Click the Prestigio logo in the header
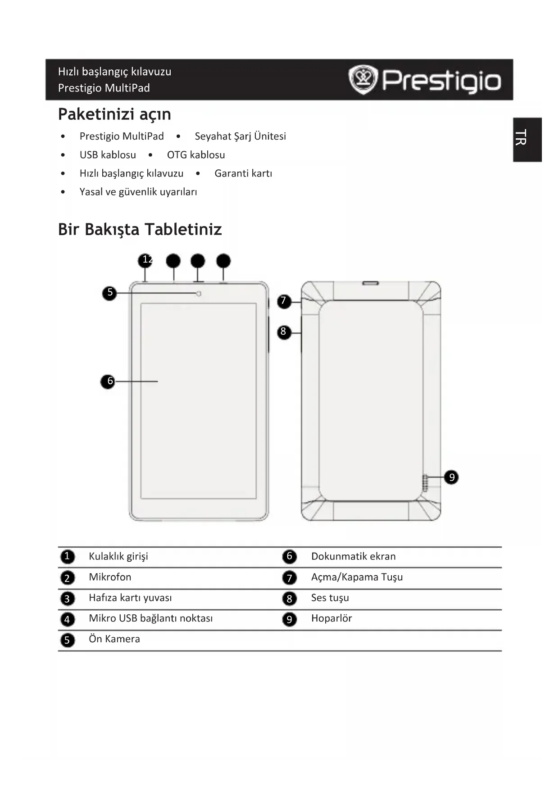pos(424,80)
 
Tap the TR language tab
pos(527,139)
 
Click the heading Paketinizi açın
pos(114,114)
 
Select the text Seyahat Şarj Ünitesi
pos(240,136)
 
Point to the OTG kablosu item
pos(195,155)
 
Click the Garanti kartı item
pos(243,173)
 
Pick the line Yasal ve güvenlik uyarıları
pos(138,192)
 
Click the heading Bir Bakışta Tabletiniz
pos(140,229)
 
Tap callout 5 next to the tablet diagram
pos(109,293)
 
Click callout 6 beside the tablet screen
pos(108,381)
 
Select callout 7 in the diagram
pos(283,301)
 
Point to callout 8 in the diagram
pos(283,332)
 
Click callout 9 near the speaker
pos(451,477)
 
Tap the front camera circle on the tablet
pos(199,294)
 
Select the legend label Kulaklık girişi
pos(118,556)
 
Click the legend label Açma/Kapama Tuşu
pos(357,577)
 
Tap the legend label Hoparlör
pos(331,618)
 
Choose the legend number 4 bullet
pos(67,619)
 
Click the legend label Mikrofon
pos(110,577)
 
